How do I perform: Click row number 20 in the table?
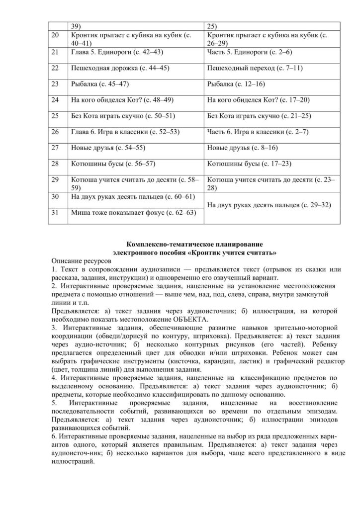point(55,36)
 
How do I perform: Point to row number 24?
point(55,100)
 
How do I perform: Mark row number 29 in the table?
point(55,179)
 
